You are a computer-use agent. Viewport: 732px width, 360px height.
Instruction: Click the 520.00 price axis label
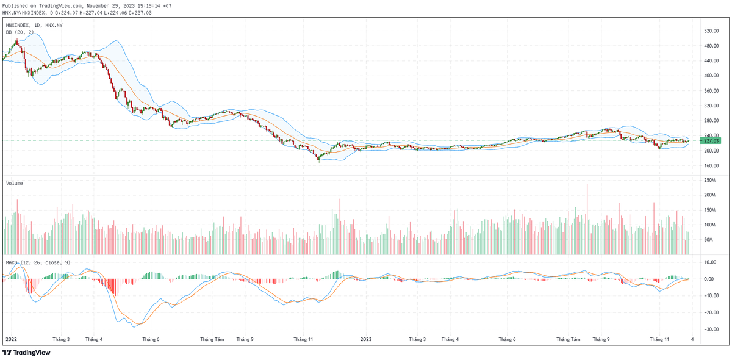tap(710, 31)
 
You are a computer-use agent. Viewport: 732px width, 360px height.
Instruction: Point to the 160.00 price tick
tap(710, 165)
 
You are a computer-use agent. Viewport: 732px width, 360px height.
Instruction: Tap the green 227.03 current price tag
tap(710, 141)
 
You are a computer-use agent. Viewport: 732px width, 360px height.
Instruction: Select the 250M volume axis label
tap(709, 181)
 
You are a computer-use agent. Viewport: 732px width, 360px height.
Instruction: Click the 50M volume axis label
tap(709, 240)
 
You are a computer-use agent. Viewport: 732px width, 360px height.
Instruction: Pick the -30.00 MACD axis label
tap(709, 329)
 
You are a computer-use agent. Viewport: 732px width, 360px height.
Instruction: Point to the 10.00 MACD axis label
tap(709, 262)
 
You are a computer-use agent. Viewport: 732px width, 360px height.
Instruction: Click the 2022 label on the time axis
tap(11, 339)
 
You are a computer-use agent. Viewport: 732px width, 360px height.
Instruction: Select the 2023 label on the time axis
tap(365, 339)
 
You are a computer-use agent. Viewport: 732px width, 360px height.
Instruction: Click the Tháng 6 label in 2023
tap(507, 339)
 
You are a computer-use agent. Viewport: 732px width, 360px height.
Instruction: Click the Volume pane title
tap(15, 183)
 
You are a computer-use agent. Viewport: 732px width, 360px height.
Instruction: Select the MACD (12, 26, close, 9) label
tap(38, 262)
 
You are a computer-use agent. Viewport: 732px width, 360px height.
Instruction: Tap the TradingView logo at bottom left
tap(27, 352)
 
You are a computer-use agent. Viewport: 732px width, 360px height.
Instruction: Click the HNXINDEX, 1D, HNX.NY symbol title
tap(34, 25)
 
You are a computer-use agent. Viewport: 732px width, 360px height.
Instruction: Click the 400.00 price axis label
tap(710, 76)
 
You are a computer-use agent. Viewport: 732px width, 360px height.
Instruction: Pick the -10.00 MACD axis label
tap(709, 296)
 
